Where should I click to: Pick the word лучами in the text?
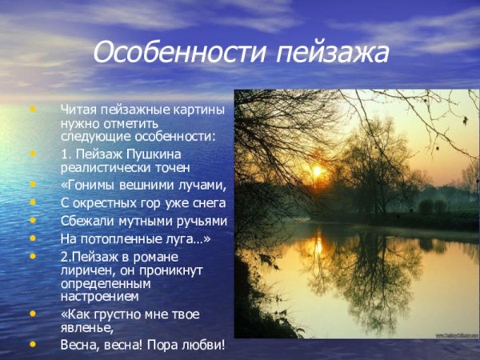pyautogui.click(x=200, y=185)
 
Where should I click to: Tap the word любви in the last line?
pyautogui.click(x=202, y=345)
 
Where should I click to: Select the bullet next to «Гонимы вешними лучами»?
pyautogui.click(x=33, y=185)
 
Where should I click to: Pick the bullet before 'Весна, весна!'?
pyautogui.click(x=33, y=345)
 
